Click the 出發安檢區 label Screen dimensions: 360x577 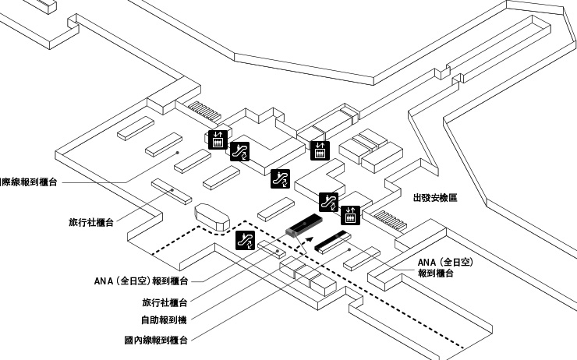click(x=434, y=198)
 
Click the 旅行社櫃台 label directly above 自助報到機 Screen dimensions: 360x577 click(x=165, y=302)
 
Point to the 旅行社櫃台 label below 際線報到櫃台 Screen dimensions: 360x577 click(x=91, y=222)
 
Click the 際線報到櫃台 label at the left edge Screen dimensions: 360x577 click(x=29, y=182)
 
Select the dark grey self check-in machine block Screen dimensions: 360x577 click(x=299, y=226)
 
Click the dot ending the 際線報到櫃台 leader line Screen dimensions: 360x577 click(x=179, y=153)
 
